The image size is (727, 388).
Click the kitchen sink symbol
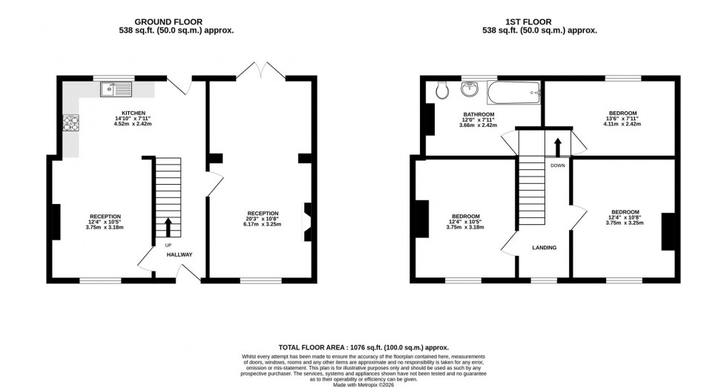point(116,90)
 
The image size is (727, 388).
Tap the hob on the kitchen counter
point(72,123)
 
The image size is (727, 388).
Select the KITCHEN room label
point(123,113)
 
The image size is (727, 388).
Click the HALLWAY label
point(180,254)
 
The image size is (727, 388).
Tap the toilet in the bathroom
point(442,90)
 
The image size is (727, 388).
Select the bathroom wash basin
point(470,90)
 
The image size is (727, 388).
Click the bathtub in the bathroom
point(513,92)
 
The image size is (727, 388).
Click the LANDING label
point(544,248)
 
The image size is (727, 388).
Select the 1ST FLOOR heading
point(540,22)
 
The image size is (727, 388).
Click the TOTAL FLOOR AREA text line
point(363,347)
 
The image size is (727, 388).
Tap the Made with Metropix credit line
point(363,384)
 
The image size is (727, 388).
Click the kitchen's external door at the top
point(178,85)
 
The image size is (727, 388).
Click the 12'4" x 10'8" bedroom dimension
point(623,217)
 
